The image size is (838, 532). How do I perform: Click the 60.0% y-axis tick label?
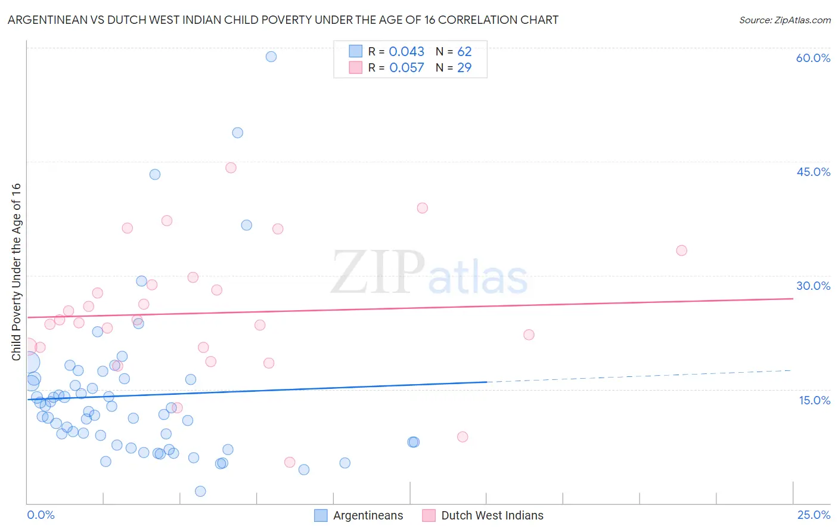coord(813,58)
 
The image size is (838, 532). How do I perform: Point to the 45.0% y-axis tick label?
coord(813,172)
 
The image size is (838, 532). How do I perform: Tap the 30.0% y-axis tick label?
coord(813,286)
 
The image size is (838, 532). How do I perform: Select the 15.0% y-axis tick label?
coord(814,400)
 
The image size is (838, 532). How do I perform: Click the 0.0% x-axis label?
coord(41,515)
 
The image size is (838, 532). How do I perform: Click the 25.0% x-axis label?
coord(814,515)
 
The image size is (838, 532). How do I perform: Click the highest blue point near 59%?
coord(271,57)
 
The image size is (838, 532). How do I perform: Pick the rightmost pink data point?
coord(681,250)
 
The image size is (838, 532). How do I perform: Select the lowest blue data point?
coord(200,491)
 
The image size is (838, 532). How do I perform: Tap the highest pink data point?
coord(231,168)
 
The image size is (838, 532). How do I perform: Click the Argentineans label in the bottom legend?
coord(368,515)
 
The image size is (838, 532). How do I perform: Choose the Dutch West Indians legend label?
coord(492,515)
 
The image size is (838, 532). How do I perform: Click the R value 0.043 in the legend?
coord(406,52)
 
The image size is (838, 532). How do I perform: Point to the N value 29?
coord(464,68)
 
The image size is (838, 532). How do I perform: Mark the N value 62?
coord(464,52)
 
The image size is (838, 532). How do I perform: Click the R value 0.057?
coord(406,68)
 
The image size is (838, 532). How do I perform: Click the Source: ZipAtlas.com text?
coord(784,20)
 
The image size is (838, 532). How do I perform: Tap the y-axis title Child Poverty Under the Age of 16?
coord(16,271)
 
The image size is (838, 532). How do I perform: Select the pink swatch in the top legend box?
coord(356,67)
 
